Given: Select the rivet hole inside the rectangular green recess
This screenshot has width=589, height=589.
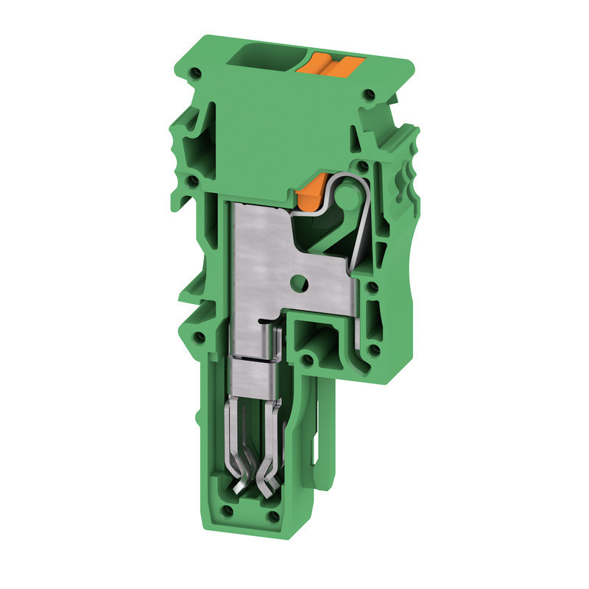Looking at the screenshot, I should [x=308, y=361].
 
